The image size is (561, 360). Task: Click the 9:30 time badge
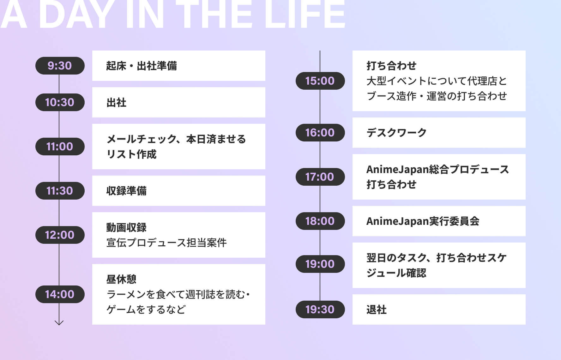(x=60, y=66)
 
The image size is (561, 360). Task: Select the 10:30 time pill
(x=60, y=102)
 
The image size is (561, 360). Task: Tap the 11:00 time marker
(x=60, y=147)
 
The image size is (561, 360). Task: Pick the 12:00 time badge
(x=60, y=235)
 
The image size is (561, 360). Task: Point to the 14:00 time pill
(x=60, y=294)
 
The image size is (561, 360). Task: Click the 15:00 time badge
(x=320, y=81)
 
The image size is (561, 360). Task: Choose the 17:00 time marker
(x=320, y=177)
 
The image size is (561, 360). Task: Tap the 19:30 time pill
(x=320, y=309)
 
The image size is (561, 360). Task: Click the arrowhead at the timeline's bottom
(x=59, y=323)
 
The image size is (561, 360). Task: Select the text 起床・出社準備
(x=142, y=66)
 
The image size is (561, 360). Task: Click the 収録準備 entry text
(x=126, y=191)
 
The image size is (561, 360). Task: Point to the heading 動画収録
(x=126, y=227)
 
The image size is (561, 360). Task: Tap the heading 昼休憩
(x=121, y=279)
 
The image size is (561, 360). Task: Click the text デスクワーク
(x=397, y=133)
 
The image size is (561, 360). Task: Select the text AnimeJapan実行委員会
(x=423, y=221)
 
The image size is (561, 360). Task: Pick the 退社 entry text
(x=377, y=309)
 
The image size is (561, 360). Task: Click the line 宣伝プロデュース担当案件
(x=166, y=243)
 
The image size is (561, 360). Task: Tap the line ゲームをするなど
(x=146, y=309)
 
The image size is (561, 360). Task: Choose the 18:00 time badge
(x=320, y=221)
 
